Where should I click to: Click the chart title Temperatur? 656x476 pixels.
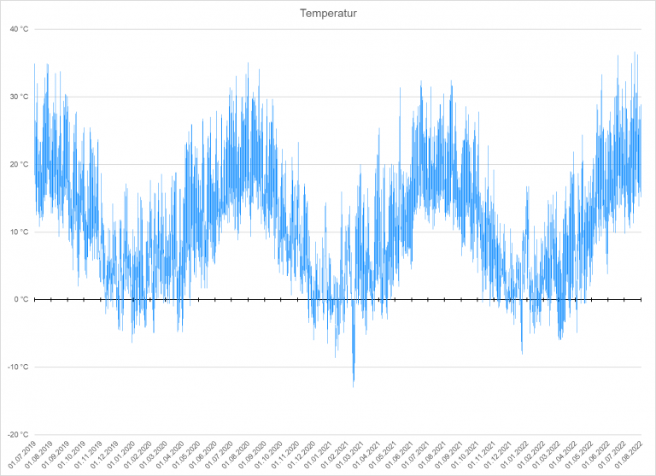coord(328,13)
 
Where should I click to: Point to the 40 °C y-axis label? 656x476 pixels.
coord(19,29)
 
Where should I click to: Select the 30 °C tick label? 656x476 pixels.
coord(19,97)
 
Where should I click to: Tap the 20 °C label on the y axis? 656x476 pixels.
coord(19,164)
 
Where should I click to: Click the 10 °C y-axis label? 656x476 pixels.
coord(19,232)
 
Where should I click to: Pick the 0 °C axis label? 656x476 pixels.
coord(20,299)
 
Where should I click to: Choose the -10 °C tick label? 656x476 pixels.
coord(18,367)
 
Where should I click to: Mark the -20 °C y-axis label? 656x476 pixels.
coord(18,434)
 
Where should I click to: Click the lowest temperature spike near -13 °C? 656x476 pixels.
coord(354,383)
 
